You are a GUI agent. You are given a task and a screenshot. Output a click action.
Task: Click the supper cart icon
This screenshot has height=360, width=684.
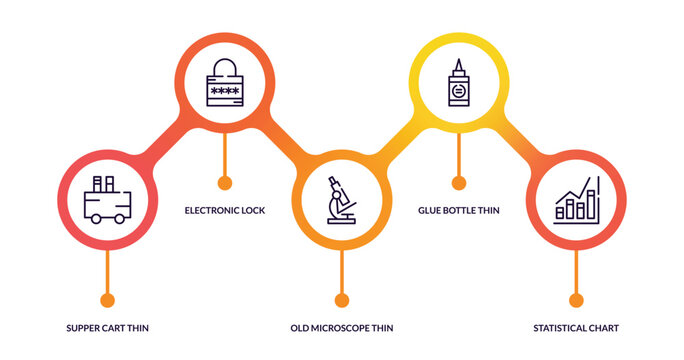coord(107,201)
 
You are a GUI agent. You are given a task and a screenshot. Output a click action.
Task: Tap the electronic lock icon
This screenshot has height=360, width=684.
coord(225,83)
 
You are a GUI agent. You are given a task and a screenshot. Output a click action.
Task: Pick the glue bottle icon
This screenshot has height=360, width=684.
coord(458,83)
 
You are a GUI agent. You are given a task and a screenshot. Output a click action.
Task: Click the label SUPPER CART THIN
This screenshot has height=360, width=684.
coord(107,328)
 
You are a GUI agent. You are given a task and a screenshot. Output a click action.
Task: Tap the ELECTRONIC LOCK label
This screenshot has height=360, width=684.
coord(225,210)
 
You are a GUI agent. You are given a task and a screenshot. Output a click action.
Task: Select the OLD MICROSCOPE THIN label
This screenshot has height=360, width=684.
coord(341,328)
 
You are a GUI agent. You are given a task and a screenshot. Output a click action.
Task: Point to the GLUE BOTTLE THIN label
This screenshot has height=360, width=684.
coord(458,210)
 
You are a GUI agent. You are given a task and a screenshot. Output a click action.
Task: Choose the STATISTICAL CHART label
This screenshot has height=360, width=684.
coord(576,328)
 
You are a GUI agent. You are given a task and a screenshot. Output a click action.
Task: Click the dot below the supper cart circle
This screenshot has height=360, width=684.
coord(107,300)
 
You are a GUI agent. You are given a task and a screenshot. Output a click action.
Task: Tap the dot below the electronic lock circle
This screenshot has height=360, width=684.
coord(225,182)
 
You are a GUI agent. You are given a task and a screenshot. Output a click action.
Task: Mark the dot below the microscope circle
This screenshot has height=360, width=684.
coord(342,300)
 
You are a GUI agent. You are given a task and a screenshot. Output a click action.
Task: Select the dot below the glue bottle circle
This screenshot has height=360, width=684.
coord(459,182)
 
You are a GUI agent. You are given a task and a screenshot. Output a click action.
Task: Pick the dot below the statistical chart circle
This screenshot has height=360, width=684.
coord(576,300)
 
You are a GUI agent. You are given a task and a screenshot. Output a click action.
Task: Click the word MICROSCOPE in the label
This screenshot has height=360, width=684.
coord(339,328)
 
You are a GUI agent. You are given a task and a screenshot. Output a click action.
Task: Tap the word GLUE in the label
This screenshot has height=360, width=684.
coord(431,210)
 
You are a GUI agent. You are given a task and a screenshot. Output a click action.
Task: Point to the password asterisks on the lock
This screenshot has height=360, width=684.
coord(225,93)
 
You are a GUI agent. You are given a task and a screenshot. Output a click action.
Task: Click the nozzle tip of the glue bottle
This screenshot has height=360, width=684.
coord(458,62)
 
